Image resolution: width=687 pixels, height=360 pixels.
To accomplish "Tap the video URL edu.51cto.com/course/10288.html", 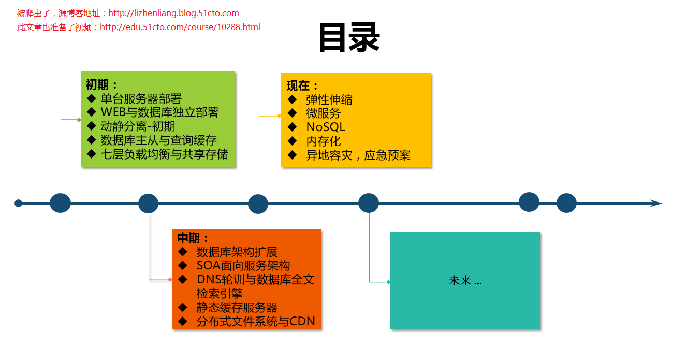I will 180,27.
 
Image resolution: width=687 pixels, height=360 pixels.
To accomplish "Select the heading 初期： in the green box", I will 101,84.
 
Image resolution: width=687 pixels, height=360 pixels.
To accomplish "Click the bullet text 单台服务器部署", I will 141,98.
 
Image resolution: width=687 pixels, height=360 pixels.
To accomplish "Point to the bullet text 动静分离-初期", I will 138,126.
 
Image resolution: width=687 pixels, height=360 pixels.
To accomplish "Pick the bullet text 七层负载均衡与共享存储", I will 164,154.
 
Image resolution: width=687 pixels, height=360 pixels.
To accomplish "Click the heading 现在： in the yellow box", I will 302,86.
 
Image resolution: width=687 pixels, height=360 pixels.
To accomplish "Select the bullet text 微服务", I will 323,113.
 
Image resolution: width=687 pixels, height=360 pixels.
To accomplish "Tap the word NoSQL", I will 325,127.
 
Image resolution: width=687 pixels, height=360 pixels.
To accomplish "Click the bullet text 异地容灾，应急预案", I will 358,155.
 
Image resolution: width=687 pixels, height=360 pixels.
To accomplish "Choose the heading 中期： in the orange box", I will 193,238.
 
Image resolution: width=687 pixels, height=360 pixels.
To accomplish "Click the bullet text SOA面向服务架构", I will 243,266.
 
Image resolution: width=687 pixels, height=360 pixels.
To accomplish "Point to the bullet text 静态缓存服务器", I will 237,307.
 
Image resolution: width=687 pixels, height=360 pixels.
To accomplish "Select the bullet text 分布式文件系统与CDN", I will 256,321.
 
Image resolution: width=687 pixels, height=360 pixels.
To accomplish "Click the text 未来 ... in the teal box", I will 465,281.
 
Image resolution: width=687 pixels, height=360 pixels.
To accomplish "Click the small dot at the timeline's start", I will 19,203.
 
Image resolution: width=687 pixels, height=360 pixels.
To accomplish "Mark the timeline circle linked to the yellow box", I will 258,204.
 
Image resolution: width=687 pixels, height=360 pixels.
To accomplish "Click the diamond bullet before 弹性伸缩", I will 293,99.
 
